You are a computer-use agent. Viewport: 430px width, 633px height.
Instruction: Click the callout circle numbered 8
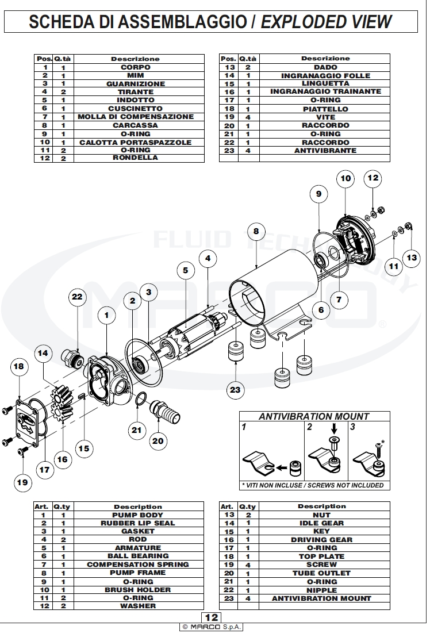pyautogui.click(x=256, y=232)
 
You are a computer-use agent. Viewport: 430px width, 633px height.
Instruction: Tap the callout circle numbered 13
pyautogui.click(x=412, y=257)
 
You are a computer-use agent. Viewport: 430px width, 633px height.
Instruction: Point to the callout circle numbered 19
pyautogui.click(x=22, y=482)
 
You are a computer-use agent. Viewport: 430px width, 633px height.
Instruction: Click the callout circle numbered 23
pyautogui.click(x=235, y=389)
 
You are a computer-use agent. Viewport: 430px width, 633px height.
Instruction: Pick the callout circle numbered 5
pyautogui.click(x=185, y=269)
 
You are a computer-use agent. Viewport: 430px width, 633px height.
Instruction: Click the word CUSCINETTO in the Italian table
pyautogui.click(x=136, y=109)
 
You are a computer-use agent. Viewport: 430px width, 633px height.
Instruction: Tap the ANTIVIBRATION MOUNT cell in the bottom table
pyautogui.click(x=321, y=599)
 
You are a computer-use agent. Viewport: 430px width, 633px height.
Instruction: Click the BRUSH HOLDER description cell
pyautogui.click(x=137, y=589)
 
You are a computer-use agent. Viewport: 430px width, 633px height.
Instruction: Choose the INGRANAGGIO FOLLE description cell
pyautogui.click(x=325, y=75)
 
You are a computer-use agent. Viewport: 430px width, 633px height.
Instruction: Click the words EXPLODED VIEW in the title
pyautogui.click(x=326, y=22)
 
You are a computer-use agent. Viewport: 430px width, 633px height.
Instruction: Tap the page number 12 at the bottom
pyautogui.click(x=212, y=617)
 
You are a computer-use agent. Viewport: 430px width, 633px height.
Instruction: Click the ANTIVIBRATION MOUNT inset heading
pyautogui.click(x=314, y=416)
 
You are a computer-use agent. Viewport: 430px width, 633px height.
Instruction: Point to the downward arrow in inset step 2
pyautogui.click(x=335, y=429)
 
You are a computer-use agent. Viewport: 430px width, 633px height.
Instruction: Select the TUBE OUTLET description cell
pyautogui.click(x=321, y=573)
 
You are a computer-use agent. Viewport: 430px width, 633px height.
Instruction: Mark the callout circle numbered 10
pyautogui.click(x=345, y=178)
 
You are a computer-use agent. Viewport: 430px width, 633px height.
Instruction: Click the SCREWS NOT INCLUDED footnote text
pyautogui.click(x=345, y=485)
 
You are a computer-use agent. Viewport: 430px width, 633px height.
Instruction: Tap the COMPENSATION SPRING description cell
pyautogui.click(x=137, y=565)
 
